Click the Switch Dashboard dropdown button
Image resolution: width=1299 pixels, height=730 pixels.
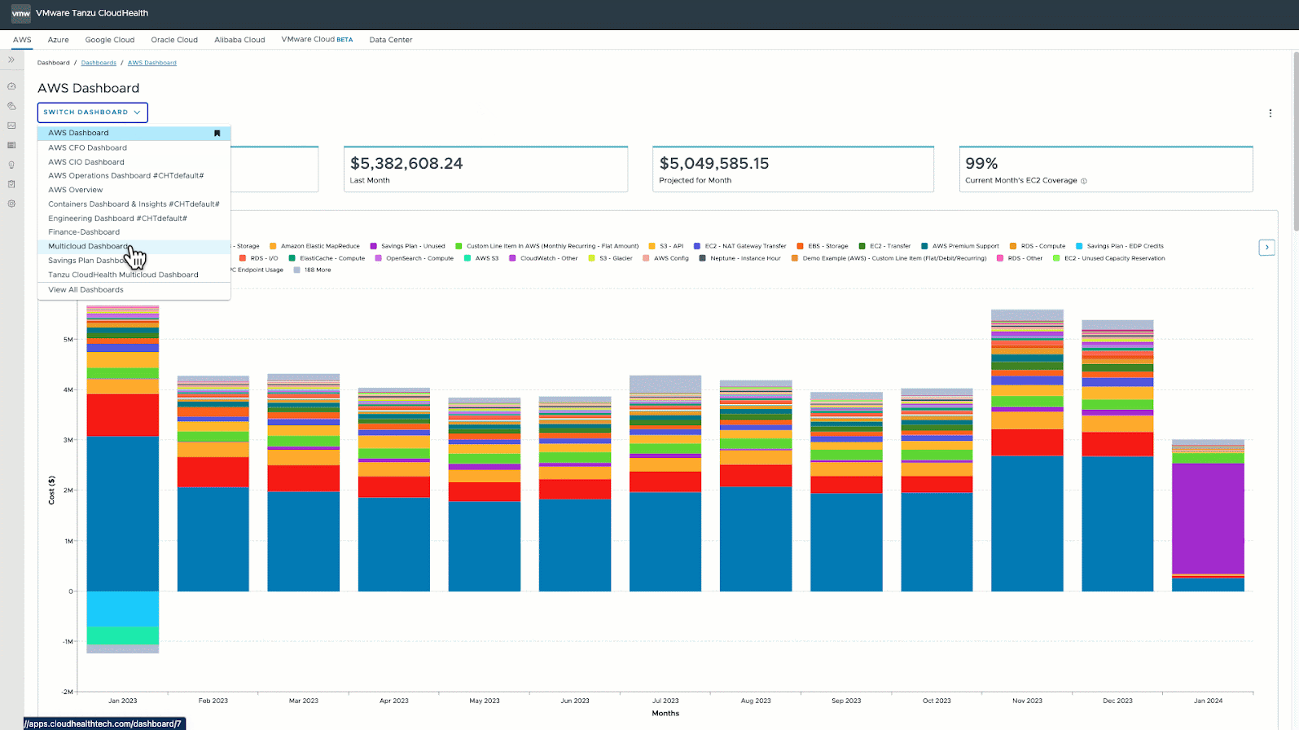click(x=92, y=112)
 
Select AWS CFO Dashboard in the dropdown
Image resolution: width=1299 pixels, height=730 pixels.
click(x=87, y=147)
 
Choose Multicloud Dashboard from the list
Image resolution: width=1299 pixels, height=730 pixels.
click(x=88, y=246)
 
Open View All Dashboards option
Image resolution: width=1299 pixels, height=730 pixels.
click(x=86, y=289)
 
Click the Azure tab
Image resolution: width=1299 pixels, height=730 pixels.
click(x=58, y=39)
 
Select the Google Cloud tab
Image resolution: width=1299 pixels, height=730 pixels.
click(x=109, y=39)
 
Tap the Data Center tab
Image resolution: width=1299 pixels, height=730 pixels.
click(x=390, y=39)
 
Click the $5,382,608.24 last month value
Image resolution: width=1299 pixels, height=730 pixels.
click(x=406, y=164)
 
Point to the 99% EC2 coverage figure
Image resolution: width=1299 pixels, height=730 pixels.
click(x=981, y=164)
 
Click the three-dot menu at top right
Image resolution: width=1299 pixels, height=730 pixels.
click(x=1270, y=113)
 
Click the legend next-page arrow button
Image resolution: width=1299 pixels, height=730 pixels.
click(x=1266, y=247)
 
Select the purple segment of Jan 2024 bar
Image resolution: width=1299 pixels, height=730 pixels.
click(x=1208, y=518)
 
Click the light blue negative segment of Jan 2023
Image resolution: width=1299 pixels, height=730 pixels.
click(x=123, y=609)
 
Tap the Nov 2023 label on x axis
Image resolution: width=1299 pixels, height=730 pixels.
click(x=1027, y=701)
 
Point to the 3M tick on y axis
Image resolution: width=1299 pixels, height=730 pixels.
click(x=68, y=440)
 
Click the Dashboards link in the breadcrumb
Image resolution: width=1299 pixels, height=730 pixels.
click(x=99, y=63)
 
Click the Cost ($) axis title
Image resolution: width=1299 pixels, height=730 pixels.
click(x=52, y=490)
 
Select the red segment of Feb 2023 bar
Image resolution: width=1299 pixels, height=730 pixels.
click(x=213, y=473)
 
